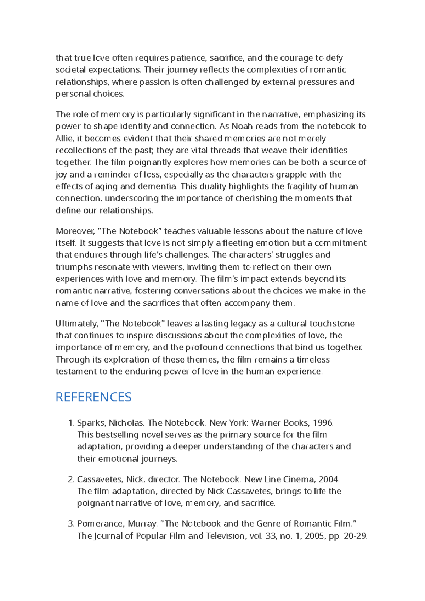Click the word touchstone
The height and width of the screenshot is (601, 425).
click(x=332, y=324)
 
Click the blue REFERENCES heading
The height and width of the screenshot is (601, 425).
click(x=93, y=397)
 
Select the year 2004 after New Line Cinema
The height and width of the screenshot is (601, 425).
click(x=329, y=480)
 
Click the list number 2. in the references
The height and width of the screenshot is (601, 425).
click(x=70, y=480)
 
